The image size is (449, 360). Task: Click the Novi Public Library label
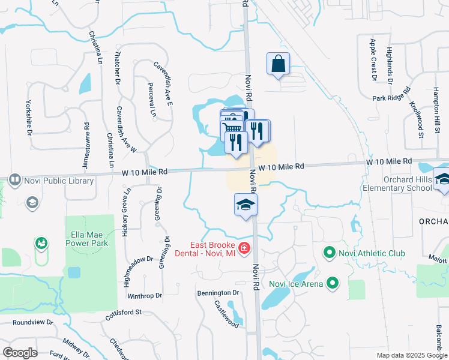coord(58,181)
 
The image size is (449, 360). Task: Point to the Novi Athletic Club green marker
coord(328,253)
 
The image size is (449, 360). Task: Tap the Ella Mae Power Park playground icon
coord(41,243)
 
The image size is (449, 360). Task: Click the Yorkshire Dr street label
coord(28,117)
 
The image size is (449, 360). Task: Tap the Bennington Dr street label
coord(218,293)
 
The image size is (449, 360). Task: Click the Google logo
coord(20,353)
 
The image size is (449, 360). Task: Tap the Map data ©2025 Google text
coord(412,355)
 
